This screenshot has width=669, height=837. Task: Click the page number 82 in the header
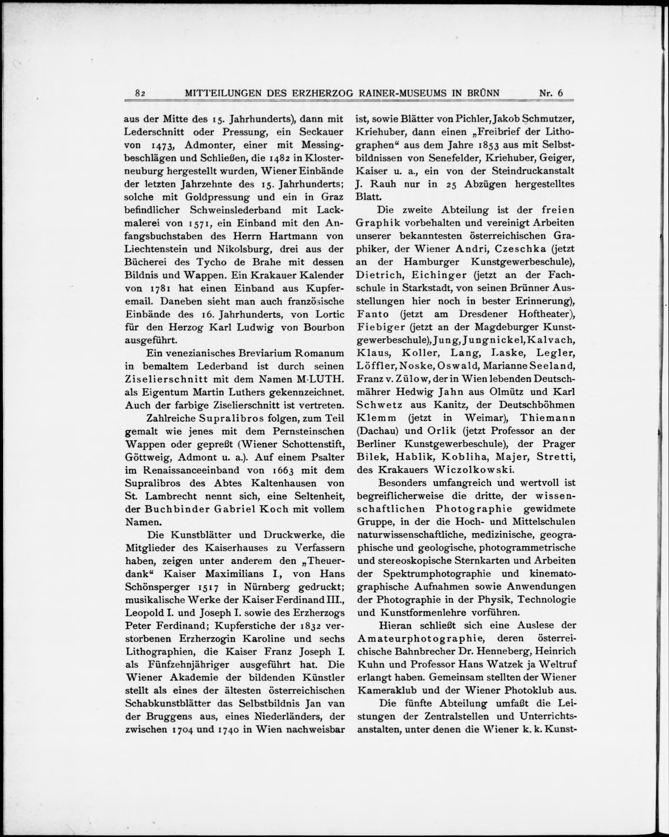click(140, 93)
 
